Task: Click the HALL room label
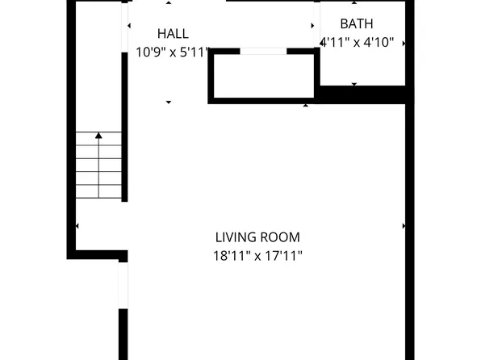pyautogui.click(x=173, y=34)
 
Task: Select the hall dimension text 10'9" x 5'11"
pyautogui.click(x=172, y=52)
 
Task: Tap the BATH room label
pyautogui.click(x=357, y=24)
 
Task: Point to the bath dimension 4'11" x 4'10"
pyautogui.click(x=357, y=42)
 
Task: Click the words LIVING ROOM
pyautogui.click(x=257, y=237)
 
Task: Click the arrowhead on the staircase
pyautogui.click(x=98, y=136)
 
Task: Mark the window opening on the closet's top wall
pyautogui.click(x=263, y=52)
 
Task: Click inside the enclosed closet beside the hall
pyautogui.click(x=262, y=77)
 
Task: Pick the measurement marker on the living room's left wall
pyautogui.click(x=77, y=226)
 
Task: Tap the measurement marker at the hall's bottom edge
pyautogui.click(x=169, y=102)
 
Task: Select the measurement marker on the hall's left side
pyautogui.click(x=129, y=26)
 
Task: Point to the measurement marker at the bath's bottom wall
pyautogui.click(x=355, y=83)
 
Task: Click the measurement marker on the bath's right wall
pyautogui.click(x=403, y=42)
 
